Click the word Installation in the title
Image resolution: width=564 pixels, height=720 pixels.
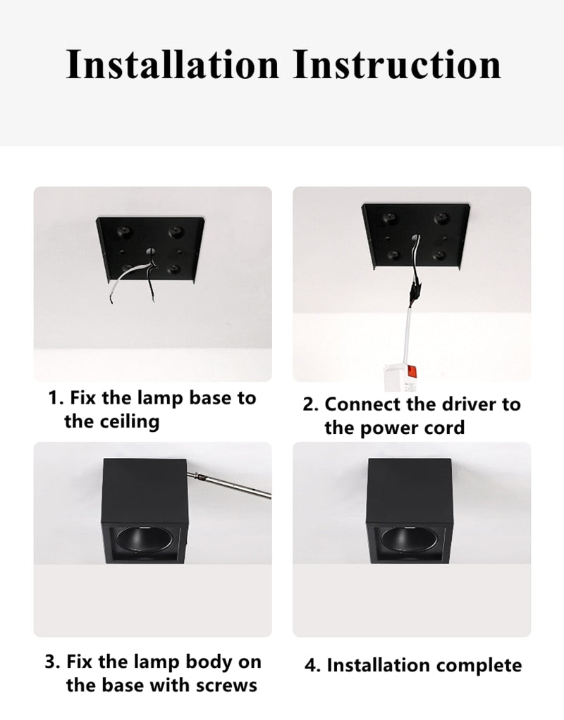[x=172, y=64]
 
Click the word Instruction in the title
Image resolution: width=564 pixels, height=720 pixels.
[x=396, y=64]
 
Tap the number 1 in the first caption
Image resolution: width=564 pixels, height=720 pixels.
[x=53, y=398]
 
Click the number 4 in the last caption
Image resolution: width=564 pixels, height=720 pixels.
[x=311, y=665]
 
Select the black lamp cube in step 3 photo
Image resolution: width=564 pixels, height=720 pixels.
[x=145, y=493]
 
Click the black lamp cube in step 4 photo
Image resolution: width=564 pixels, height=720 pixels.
[x=410, y=493]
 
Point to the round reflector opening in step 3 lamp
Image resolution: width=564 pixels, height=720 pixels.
[x=145, y=543]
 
